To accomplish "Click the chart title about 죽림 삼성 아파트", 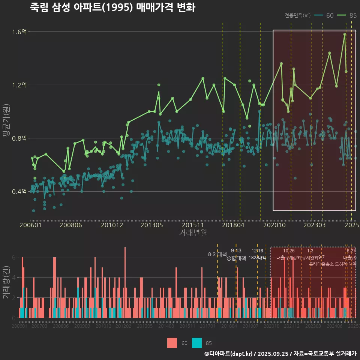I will click(112, 7).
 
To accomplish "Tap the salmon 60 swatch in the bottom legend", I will click(172, 343).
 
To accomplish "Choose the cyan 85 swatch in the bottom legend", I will click(197, 343).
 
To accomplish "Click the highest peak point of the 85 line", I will click(344, 34).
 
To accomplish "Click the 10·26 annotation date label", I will click(289, 251).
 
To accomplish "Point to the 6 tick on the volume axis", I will click(14, 257).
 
